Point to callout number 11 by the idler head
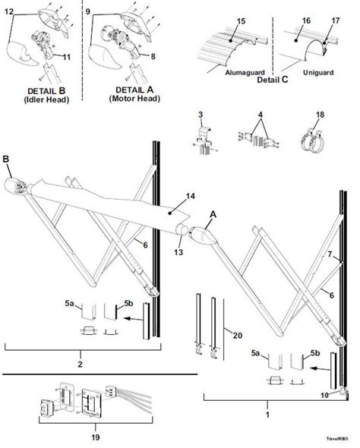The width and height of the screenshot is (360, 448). [68, 57]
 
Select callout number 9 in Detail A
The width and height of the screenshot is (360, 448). [89, 11]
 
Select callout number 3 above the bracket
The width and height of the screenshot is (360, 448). [201, 115]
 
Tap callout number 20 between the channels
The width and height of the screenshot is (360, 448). [238, 335]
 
